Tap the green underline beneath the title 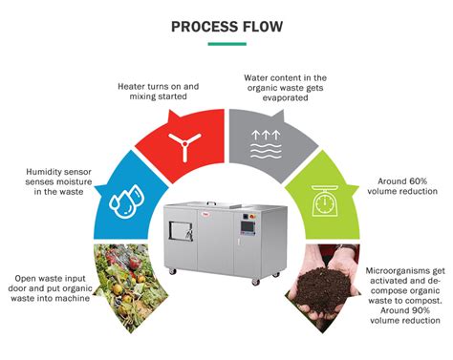pyautogui.click(x=226, y=43)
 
